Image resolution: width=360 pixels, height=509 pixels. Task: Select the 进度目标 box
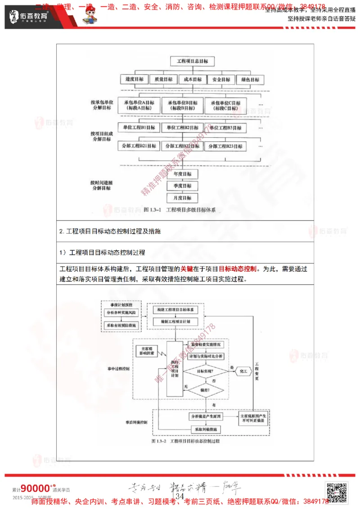(135, 80)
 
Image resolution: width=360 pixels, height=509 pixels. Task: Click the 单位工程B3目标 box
(225, 128)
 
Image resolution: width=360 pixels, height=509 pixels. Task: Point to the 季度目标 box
(180, 186)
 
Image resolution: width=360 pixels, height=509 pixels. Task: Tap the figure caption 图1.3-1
(180, 210)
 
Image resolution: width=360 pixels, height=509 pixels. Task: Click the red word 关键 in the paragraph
(186, 269)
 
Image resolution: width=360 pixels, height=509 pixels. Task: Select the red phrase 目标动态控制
(238, 269)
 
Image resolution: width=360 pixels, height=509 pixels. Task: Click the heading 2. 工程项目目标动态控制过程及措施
(110, 231)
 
